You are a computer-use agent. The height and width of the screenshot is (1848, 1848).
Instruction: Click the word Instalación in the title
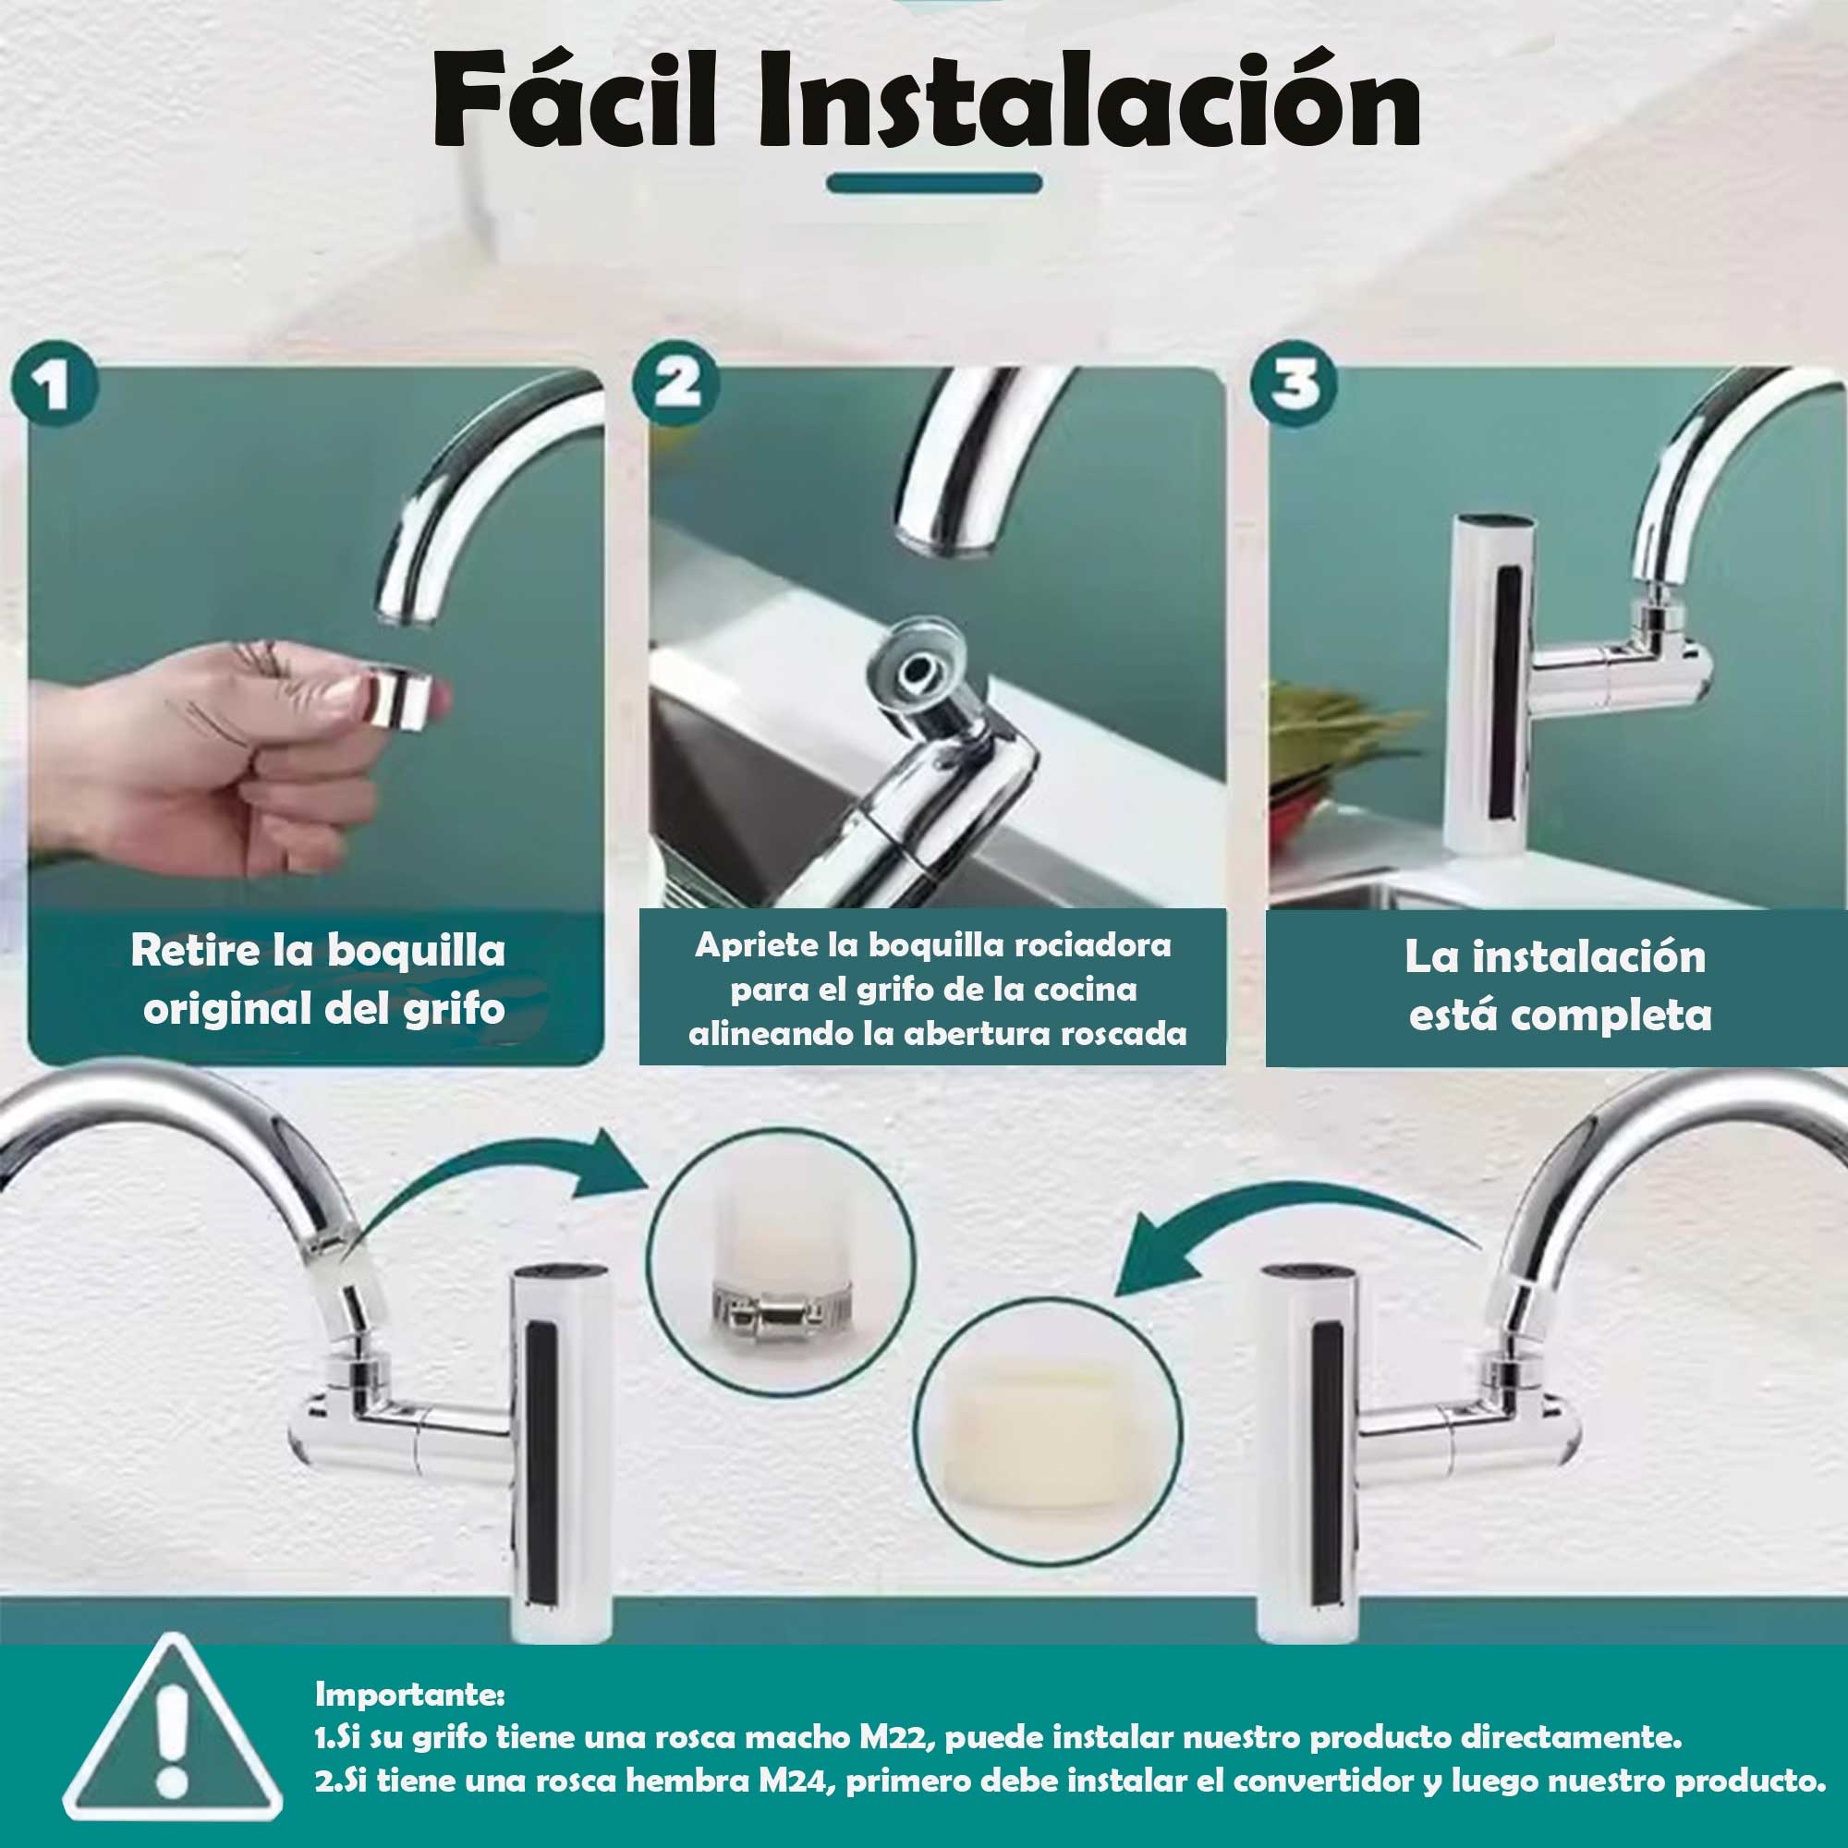click(x=1089, y=102)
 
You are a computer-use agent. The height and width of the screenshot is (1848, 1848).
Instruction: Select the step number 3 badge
click(x=1295, y=384)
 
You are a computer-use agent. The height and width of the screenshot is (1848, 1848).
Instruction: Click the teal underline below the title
click(x=933, y=183)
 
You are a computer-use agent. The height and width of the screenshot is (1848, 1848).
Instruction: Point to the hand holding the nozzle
click(x=220, y=756)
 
